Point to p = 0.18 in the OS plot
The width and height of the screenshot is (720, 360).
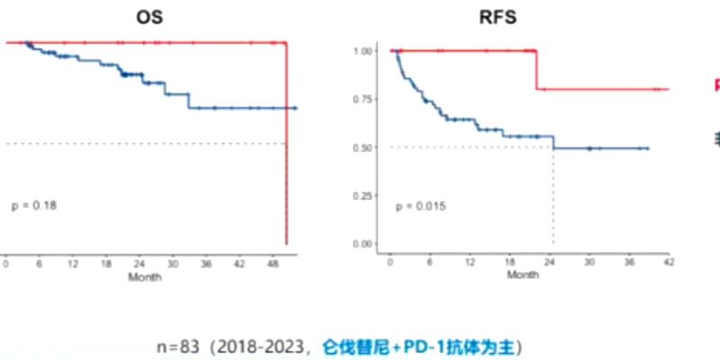pos(34,205)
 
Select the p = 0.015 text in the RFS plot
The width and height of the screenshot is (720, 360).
pos(421,207)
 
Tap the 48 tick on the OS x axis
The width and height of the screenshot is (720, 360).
pos(273,265)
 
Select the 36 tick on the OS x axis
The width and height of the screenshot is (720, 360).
pos(206,265)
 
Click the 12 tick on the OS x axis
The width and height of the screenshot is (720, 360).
pos(72,265)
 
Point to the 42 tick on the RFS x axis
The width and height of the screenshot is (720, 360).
pos(668,262)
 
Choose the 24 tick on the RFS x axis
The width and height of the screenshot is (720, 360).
pos(549,262)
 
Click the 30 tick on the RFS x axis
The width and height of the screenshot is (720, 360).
pos(589,262)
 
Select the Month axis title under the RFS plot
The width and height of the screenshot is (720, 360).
pos(522,274)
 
